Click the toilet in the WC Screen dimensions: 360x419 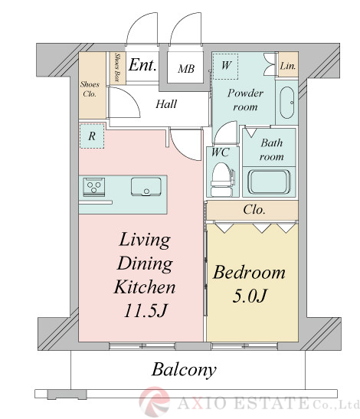pos(222,179)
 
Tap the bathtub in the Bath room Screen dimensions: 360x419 pos(269,182)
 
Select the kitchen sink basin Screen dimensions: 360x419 pos(146,186)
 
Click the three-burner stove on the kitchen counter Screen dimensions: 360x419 pos(93,187)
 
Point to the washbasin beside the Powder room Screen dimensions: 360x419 pos(287,103)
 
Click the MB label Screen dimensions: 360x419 pos(186,69)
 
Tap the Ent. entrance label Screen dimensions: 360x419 pos(142,65)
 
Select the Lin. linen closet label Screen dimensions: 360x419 pos(288,65)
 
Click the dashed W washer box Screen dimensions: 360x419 pos(225,67)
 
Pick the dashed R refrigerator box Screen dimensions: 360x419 pos(92,136)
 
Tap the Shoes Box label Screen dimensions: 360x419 pos(116,67)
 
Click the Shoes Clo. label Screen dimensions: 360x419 pos(90,90)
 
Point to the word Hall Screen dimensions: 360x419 pos(166,103)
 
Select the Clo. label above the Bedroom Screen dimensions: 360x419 pos(254,210)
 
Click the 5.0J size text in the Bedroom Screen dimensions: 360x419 pos(250,296)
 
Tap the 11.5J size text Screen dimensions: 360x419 pos(146,310)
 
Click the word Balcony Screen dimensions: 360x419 pos(184,370)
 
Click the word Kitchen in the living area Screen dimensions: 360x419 pos(145,286)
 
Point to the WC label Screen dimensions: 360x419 pos(221,152)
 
